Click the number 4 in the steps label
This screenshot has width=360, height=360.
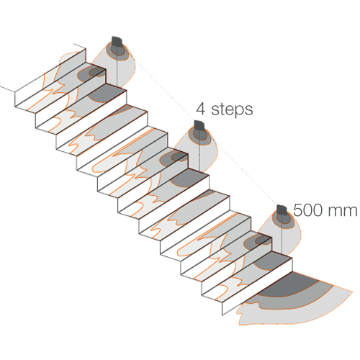[201, 109]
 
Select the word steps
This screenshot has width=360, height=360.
[232, 109]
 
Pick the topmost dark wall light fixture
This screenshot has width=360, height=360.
[117, 42]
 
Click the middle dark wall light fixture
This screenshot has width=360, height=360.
[199, 125]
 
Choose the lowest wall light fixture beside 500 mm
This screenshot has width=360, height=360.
[282, 210]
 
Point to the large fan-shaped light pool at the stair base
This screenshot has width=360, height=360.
[295, 300]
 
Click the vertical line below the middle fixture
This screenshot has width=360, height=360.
[199, 150]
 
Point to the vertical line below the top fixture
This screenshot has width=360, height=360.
[117, 67]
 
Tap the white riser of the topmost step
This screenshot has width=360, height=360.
[50, 78]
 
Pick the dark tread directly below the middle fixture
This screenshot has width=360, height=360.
[189, 178]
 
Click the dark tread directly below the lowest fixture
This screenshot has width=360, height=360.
[272, 261]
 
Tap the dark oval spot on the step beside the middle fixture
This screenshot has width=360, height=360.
[174, 158]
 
